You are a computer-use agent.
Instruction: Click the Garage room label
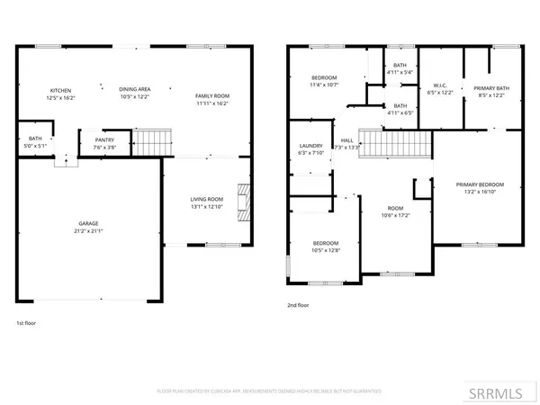[x=87, y=223]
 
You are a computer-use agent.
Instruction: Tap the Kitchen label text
[x=61, y=91]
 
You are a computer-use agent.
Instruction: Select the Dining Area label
[x=131, y=89]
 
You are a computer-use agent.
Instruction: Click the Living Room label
[x=205, y=199]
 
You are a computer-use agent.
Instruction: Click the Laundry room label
[x=310, y=147]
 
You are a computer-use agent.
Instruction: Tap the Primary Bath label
[x=492, y=87]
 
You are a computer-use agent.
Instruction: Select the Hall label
[x=346, y=140]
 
